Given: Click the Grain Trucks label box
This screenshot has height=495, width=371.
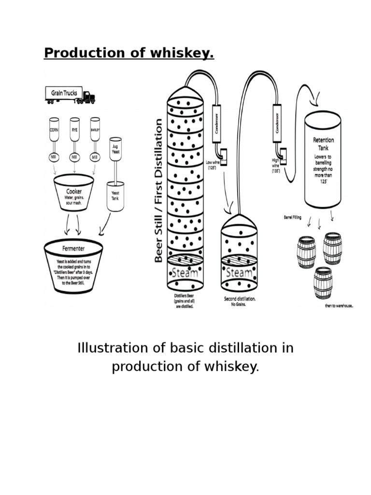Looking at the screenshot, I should (64, 93).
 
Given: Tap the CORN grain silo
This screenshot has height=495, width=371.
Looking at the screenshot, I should (54, 130).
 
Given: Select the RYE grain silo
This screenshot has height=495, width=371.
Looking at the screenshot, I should (74, 130).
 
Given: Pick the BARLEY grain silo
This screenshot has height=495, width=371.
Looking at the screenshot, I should (95, 130).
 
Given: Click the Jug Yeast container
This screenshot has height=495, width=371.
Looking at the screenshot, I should (115, 148).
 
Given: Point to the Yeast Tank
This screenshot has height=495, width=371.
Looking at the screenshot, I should (115, 196).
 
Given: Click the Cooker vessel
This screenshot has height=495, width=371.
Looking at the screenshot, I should (73, 193).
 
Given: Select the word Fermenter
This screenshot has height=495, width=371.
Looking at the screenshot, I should (73, 248).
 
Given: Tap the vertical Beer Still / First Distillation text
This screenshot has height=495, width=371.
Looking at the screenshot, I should (159, 190).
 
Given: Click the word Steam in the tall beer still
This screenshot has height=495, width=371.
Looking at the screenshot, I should (185, 273).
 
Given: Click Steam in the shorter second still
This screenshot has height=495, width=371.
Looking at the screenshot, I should (239, 273).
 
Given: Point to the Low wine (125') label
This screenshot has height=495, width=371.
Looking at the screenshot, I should (212, 165).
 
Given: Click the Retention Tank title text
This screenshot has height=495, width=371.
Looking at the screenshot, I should (323, 144).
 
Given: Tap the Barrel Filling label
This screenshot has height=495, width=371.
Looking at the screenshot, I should (293, 218).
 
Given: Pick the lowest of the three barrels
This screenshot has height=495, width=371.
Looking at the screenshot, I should (323, 283).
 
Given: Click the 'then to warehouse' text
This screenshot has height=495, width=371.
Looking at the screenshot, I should (339, 306).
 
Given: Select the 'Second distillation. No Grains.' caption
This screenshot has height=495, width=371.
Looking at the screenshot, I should (240, 302).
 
